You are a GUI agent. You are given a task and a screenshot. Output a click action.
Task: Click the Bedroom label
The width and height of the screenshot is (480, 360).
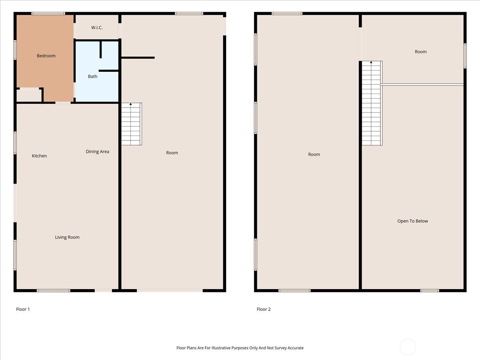pos(46,56)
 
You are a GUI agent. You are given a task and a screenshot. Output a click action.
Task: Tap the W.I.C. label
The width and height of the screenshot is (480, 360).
pos(97,28)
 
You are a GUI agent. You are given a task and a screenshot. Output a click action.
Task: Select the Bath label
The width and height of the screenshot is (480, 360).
pos(92,76)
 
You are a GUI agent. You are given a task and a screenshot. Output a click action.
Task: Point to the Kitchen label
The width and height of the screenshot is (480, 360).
pos(39,156)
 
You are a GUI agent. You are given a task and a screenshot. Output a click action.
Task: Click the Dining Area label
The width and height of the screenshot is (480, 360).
pos(97,152)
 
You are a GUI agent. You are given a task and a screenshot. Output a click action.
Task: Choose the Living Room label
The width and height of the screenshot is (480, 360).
pos(67,237)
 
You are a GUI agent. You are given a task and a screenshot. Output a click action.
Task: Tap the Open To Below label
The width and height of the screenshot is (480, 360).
pos(412,221)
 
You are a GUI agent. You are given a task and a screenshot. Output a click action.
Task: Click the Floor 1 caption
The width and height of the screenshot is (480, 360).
pos(23,309)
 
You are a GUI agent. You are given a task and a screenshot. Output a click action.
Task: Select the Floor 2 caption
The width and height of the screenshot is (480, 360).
pos(264,309)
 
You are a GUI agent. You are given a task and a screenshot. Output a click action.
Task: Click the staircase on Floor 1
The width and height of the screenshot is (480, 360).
pos(131,124)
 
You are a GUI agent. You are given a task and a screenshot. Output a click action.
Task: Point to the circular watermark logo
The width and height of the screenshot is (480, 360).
pos(408,347)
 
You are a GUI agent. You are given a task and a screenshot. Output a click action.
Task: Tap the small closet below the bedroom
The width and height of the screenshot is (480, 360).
pos(29,95)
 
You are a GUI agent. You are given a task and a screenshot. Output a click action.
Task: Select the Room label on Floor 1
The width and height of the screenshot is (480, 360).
pos(172,153)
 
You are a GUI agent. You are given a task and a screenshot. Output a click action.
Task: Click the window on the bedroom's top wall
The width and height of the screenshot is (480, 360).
pos(48,14)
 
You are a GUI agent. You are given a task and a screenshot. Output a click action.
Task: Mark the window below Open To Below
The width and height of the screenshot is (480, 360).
pos(429,290)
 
